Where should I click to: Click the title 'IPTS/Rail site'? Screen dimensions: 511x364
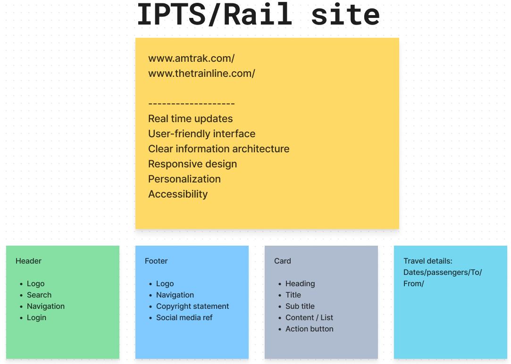click(259, 14)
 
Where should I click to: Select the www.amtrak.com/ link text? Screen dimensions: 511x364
click(191, 58)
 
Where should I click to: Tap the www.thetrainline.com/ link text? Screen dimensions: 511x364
click(202, 74)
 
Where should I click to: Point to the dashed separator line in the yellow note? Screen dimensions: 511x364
click(191, 104)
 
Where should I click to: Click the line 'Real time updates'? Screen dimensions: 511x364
click(190, 119)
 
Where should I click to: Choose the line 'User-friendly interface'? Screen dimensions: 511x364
click(202, 134)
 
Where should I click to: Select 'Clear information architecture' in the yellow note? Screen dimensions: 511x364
click(218, 149)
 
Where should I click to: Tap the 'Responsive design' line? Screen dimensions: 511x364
click(193, 164)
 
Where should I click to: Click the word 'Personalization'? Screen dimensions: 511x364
click(184, 179)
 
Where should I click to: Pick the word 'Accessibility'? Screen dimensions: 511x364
click(178, 194)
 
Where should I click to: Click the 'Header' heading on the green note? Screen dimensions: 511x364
click(28, 261)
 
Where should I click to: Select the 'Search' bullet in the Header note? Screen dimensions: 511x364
click(39, 295)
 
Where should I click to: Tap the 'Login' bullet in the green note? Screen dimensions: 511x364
click(36, 318)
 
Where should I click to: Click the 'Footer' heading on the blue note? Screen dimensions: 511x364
click(156, 261)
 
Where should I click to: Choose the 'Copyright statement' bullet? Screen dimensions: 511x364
click(193, 306)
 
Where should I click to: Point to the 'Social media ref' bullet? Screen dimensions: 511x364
click(184, 318)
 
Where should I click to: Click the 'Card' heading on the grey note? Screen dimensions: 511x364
click(283, 261)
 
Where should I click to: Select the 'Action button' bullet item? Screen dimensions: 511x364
click(309, 329)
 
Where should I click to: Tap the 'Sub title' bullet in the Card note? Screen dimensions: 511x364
click(300, 306)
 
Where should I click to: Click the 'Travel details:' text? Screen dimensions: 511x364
click(428, 261)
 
